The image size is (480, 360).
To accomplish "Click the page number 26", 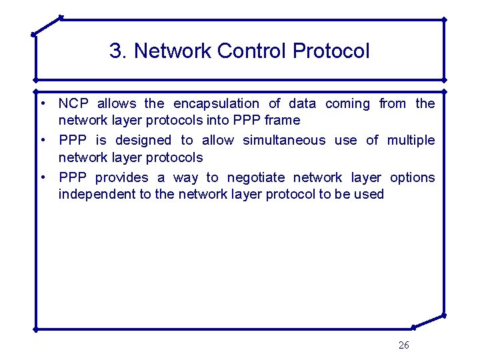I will pyautogui.click(x=403, y=345).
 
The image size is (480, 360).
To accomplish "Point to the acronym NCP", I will pyautogui.click(x=73, y=103).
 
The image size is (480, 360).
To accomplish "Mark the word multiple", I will pyautogui.click(x=411, y=140).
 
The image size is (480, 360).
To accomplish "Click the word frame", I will pyautogui.click(x=283, y=120).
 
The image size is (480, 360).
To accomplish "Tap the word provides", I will pyautogui.click(x=122, y=177).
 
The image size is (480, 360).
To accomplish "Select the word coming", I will pyautogui.click(x=347, y=103).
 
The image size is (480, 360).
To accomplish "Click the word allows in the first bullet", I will pyautogui.click(x=117, y=103).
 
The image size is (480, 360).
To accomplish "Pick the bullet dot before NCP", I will pyautogui.click(x=42, y=103).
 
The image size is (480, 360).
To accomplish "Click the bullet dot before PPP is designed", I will pyautogui.click(x=42, y=140).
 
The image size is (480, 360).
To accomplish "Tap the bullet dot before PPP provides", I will pyautogui.click(x=42, y=177).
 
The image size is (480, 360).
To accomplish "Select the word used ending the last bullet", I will pyautogui.click(x=370, y=194).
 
